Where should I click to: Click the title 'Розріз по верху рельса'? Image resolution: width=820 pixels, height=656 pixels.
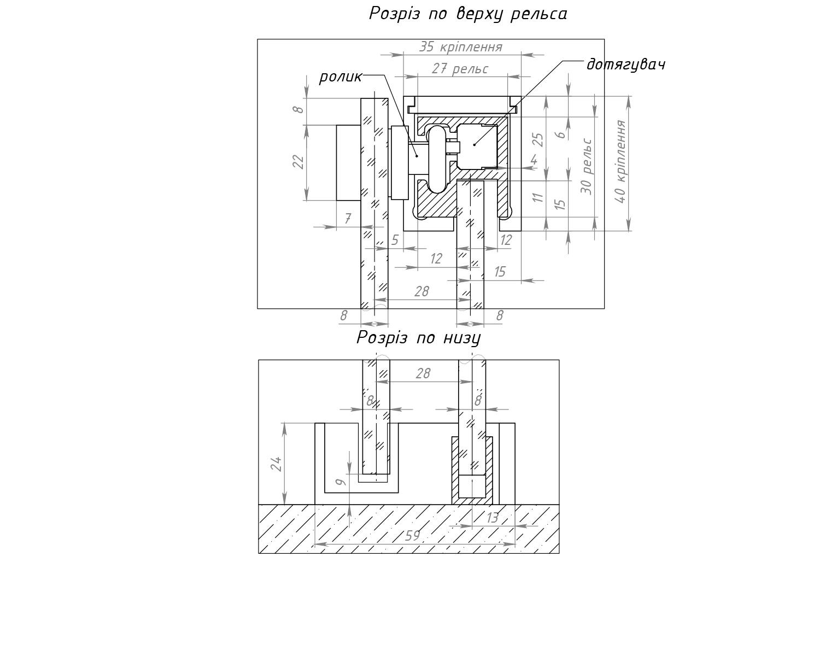pos(468,14)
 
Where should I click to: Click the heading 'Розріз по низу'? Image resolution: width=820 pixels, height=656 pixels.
pos(419,338)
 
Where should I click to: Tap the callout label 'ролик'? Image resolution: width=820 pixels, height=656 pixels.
pos(340,77)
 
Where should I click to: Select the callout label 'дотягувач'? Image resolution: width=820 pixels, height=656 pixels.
pos(625,65)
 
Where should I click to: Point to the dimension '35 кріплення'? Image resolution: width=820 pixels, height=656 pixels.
pos(460,47)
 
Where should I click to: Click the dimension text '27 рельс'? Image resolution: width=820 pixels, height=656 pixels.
pos(460,69)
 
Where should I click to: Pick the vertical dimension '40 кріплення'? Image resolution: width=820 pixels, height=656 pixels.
pos(620,162)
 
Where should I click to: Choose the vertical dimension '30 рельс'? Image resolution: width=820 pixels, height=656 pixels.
pos(587,166)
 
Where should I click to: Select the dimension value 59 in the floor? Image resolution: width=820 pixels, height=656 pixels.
pos(413,536)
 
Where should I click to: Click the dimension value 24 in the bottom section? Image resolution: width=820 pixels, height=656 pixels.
pos(277,464)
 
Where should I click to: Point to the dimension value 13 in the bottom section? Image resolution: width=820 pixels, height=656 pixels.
pos(492,518)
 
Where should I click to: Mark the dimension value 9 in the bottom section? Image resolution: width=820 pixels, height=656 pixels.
pos(340,482)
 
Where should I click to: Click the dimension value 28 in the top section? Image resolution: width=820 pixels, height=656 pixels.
pos(421,291)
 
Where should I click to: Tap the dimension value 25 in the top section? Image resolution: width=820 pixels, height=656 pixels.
pos(538,140)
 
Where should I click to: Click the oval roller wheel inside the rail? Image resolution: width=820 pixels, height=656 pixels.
pos(437,159)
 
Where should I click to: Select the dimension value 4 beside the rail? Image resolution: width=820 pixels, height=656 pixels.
pos(534,161)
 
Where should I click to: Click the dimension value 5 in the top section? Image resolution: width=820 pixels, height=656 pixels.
pos(395,240)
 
